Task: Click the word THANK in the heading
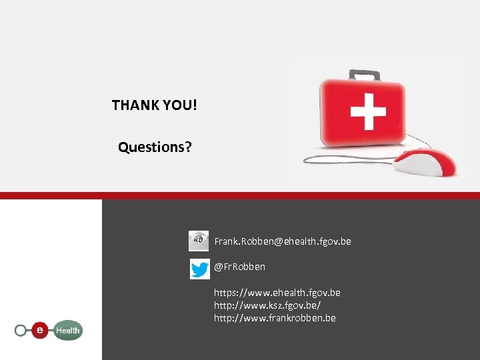click(x=131, y=105)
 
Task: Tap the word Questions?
click(x=155, y=147)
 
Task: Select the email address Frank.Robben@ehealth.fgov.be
click(x=283, y=241)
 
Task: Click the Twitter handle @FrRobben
click(x=239, y=267)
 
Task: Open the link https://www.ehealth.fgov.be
click(x=277, y=293)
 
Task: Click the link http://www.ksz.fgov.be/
click(x=267, y=305)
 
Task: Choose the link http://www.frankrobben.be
click(x=275, y=318)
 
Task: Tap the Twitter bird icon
click(x=199, y=269)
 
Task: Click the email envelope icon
click(x=199, y=241)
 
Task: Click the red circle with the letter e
click(x=41, y=329)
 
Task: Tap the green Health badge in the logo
click(x=67, y=330)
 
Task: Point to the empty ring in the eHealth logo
click(x=21, y=330)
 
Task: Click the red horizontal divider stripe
click(x=240, y=195)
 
